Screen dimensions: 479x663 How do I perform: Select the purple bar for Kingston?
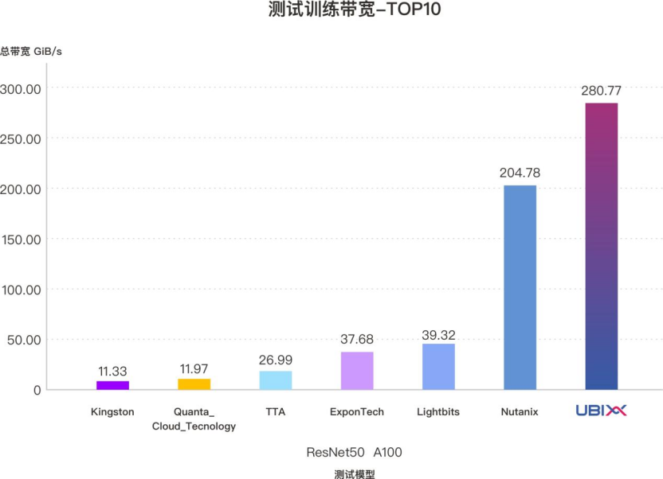pos(112,385)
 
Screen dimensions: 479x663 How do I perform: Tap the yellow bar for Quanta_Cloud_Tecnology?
pos(194,384)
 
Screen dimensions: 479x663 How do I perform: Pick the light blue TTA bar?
pos(276,380)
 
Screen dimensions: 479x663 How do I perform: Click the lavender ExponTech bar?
pos(357,371)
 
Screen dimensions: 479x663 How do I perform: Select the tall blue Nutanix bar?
pos(520,287)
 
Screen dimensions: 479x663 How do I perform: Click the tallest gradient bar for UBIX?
pos(601,247)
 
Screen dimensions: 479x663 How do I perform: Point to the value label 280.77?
pos(601,91)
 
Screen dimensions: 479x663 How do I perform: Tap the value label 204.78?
pos(520,173)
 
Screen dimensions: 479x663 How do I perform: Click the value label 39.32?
pos(438,336)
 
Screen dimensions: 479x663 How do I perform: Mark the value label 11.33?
pos(112,371)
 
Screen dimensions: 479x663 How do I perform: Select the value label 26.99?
pos(276,360)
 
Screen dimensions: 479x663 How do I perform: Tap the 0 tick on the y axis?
pos(36,390)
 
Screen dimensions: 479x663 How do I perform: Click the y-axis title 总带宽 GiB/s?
pos(31,52)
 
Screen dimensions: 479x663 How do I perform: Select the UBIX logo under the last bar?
pos(601,411)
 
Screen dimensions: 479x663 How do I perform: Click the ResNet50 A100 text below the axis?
pos(355,453)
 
